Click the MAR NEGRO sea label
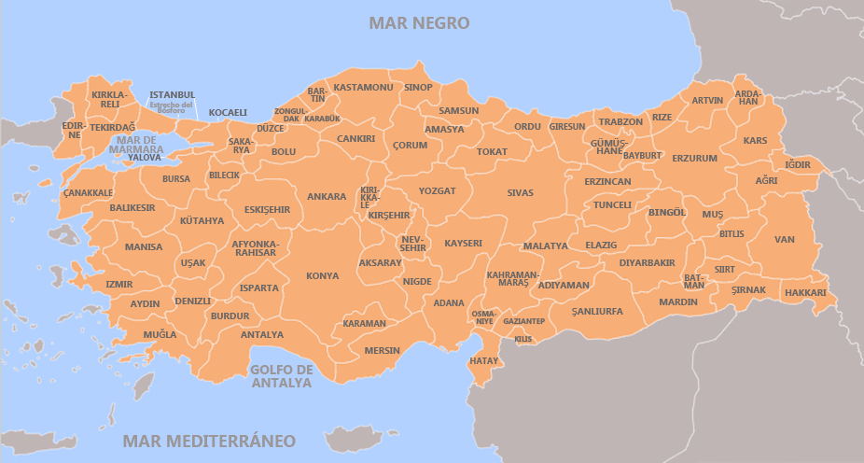coord(419,22)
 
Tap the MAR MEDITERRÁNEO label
coord(210,441)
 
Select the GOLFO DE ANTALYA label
coord(281,376)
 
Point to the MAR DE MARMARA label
coord(135,144)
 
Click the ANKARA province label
coord(327,197)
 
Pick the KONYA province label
coord(323,276)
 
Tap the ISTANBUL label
coord(173,95)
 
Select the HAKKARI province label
coord(805,293)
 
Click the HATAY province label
coord(484,360)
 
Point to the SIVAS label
coord(521,193)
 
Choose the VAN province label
coord(785,240)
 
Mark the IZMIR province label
coord(119,285)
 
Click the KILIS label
coord(523,339)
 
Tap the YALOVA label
coord(145,158)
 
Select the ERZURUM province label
coord(694,159)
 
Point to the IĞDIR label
coord(798,165)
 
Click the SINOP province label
coord(418,88)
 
